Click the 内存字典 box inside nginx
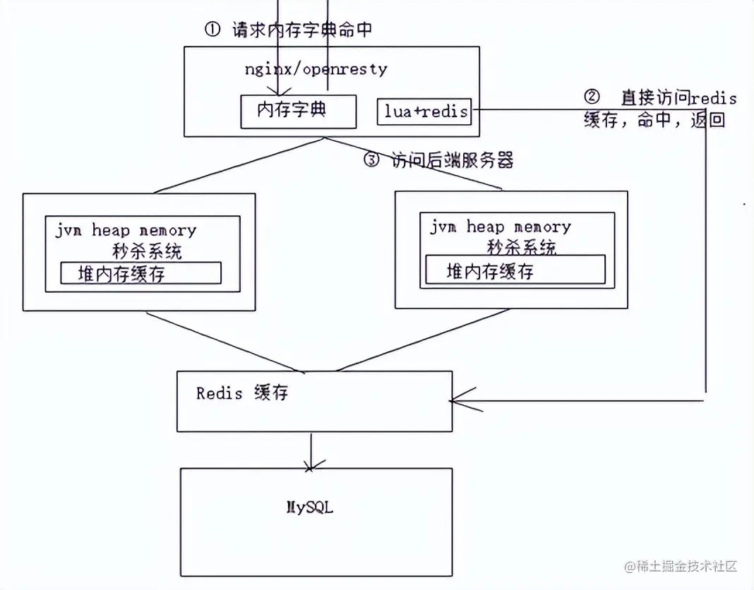pyautogui.click(x=298, y=112)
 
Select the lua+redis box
pyautogui.click(x=424, y=111)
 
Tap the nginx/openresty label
pyautogui.click(x=316, y=69)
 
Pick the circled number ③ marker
pyautogui.click(x=371, y=160)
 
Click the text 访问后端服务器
pyautogui.click(x=452, y=160)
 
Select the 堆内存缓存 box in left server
pyautogui.click(x=140, y=273)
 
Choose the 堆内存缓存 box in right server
pyautogui.click(x=515, y=270)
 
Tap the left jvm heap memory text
pyautogui.click(x=126, y=230)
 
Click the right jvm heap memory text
pyautogui.click(x=500, y=227)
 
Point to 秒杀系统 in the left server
pyautogui.click(x=147, y=251)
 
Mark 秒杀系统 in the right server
pyautogui.click(x=521, y=247)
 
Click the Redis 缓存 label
pyautogui.click(x=242, y=393)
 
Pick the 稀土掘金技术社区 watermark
pyautogui.click(x=679, y=566)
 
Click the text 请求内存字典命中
pyautogui.click(x=301, y=30)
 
